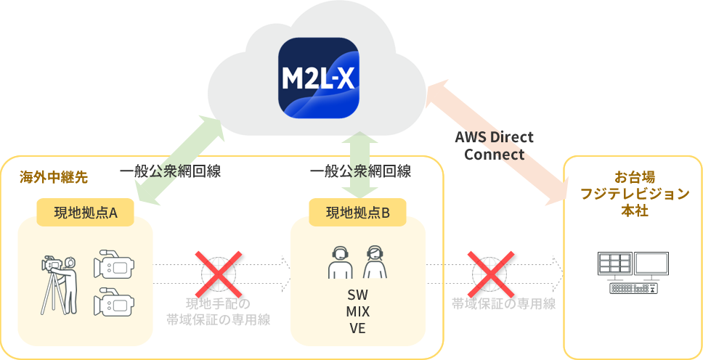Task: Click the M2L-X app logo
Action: (x=319, y=78)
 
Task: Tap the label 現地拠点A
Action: (x=86, y=213)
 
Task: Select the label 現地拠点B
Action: (x=358, y=213)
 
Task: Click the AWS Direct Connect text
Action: (x=494, y=146)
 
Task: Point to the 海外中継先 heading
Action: (x=54, y=178)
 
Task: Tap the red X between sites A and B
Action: (x=219, y=274)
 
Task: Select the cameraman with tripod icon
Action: (x=59, y=285)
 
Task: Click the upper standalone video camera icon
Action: (x=114, y=263)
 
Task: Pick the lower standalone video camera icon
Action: (x=114, y=302)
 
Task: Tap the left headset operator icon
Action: (x=341, y=262)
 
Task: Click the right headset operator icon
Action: (x=375, y=262)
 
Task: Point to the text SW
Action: (x=358, y=295)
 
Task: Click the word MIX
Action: (x=358, y=311)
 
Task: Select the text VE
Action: (x=358, y=328)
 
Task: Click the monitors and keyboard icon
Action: (x=633, y=273)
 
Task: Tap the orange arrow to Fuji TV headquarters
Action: (x=496, y=142)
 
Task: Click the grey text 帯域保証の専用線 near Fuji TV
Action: (x=504, y=304)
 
